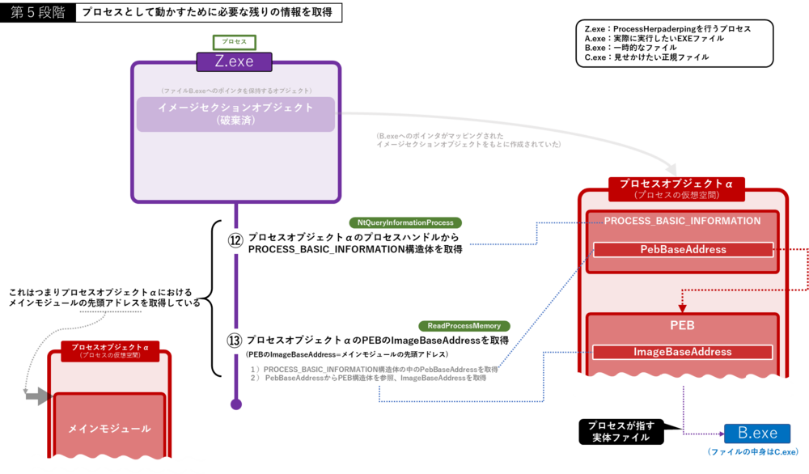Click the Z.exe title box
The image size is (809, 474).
point(235,61)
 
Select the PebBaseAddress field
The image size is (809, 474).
point(684,250)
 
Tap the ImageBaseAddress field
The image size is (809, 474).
point(684,352)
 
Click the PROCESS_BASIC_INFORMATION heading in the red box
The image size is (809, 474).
point(682,221)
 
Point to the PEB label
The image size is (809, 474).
point(682,325)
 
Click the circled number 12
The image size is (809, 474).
point(235,240)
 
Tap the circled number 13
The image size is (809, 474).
point(235,341)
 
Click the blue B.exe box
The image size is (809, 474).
point(757,434)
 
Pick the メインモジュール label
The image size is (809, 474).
point(109,429)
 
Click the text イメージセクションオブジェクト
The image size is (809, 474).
point(235,108)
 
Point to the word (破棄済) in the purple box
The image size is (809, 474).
point(235,121)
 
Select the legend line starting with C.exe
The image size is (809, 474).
point(646,57)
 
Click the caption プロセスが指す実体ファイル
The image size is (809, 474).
point(622,431)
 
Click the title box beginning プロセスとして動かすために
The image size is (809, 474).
point(206,14)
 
